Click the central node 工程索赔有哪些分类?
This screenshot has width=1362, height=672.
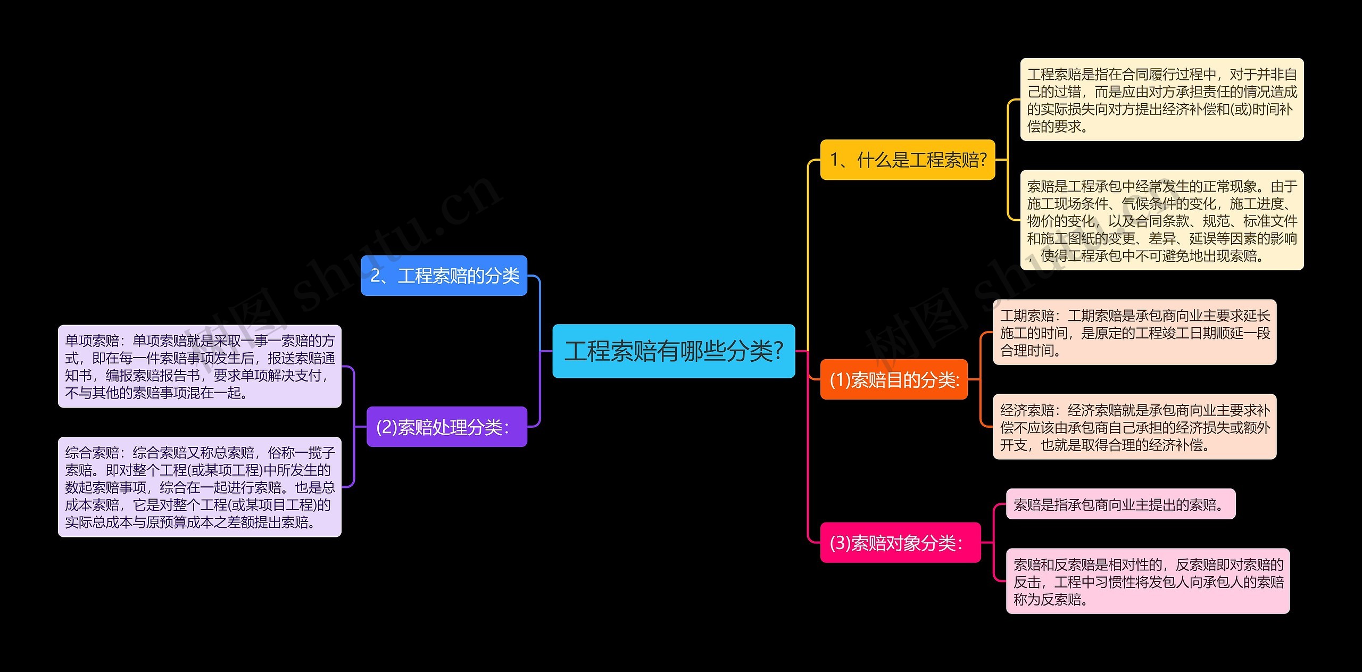click(673, 351)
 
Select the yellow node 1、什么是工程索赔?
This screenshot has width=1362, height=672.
click(907, 160)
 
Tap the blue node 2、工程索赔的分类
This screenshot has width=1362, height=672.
click(444, 276)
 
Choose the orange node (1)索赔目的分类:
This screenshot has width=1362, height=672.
click(894, 379)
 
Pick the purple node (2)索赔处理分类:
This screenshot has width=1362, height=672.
click(446, 427)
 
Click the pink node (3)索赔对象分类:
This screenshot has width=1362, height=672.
click(900, 543)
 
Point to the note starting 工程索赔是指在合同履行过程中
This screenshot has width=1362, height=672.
click(1161, 99)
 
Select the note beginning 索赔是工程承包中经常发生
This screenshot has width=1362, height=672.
click(1161, 220)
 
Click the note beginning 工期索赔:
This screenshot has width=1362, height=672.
click(1134, 332)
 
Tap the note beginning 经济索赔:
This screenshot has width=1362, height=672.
click(1134, 427)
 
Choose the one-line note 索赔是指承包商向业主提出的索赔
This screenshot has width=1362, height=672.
click(1120, 504)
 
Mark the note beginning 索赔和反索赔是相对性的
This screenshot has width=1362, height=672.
click(1148, 581)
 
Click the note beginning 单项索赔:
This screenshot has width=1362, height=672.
click(200, 366)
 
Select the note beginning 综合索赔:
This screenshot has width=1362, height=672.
click(200, 487)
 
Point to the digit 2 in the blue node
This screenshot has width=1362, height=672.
click(375, 276)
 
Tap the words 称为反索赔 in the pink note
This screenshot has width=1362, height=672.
click(1047, 600)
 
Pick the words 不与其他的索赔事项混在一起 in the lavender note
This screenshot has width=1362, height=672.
click(154, 393)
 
